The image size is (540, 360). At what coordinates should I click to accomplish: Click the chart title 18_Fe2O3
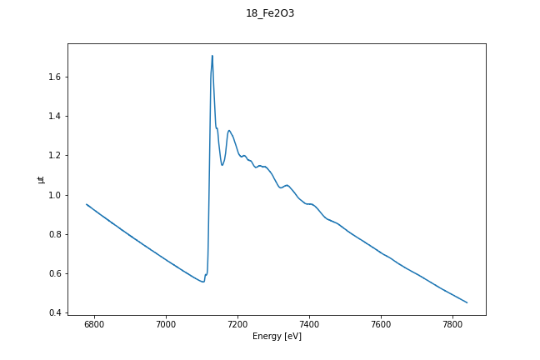tap(269, 13)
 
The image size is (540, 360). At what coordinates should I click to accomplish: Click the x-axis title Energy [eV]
tap(277, 336)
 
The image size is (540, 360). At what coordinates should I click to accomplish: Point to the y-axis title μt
tap(41, 179)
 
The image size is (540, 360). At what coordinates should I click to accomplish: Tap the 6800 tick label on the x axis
tap(94, 322)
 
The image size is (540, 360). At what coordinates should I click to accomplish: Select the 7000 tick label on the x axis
tap(166, 322)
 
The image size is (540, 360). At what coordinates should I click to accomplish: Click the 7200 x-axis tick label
tap(237, 322)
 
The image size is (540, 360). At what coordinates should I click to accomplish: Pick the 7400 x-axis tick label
tap(309, 322)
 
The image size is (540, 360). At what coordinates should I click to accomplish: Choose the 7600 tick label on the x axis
tap(381, 322)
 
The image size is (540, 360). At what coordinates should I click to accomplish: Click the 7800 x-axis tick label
tap(452, 322)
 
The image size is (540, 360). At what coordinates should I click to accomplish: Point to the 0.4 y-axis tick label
tap(55, 313)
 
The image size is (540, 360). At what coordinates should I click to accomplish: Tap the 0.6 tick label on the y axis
tap(55, 273)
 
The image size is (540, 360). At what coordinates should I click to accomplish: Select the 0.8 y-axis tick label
tap(55, 234)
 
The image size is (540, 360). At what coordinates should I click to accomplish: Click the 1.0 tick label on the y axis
tap(55, 195)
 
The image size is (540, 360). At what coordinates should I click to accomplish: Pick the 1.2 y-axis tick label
tap(55, 156)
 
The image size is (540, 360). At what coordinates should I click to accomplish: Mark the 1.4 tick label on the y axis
tap(55, 116)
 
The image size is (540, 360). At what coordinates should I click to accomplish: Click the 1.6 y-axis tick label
tap(55, 77)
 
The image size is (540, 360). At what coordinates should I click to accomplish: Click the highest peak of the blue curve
tap(212, 56)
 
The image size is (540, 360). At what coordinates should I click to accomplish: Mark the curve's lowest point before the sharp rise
tap(202, 282)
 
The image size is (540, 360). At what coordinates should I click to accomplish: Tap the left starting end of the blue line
tap(87, 204)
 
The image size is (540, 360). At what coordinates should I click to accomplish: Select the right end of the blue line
tap(467, 302)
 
